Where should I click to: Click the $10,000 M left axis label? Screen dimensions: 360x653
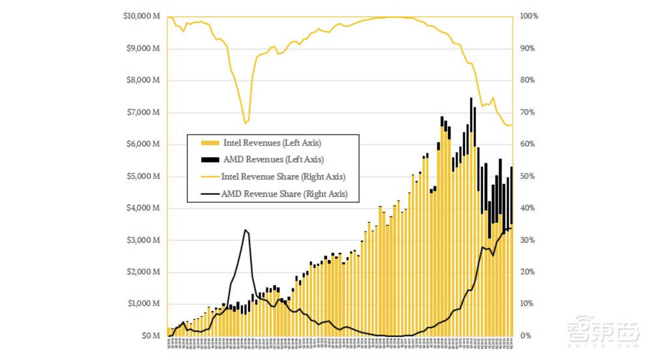142,16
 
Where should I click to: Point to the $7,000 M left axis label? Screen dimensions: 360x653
144,112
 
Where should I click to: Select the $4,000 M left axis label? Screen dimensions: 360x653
144,208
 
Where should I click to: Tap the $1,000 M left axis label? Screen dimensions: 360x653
144,304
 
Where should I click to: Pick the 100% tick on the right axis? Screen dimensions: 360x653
529,16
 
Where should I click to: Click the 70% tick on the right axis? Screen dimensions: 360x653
527,112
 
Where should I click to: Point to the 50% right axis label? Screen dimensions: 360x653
527,176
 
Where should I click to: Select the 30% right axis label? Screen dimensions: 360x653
527,240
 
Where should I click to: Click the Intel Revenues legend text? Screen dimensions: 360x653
272,142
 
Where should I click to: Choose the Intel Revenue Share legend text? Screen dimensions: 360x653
283,176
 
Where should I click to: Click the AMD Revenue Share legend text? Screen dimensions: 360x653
284,193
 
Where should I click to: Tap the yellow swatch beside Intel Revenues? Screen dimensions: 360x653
208,142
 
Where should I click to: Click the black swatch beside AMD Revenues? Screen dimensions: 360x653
208,159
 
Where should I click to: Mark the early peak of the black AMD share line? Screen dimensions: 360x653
245,230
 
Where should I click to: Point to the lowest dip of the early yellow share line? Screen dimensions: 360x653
245,123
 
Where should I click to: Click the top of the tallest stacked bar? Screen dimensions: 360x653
471,99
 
